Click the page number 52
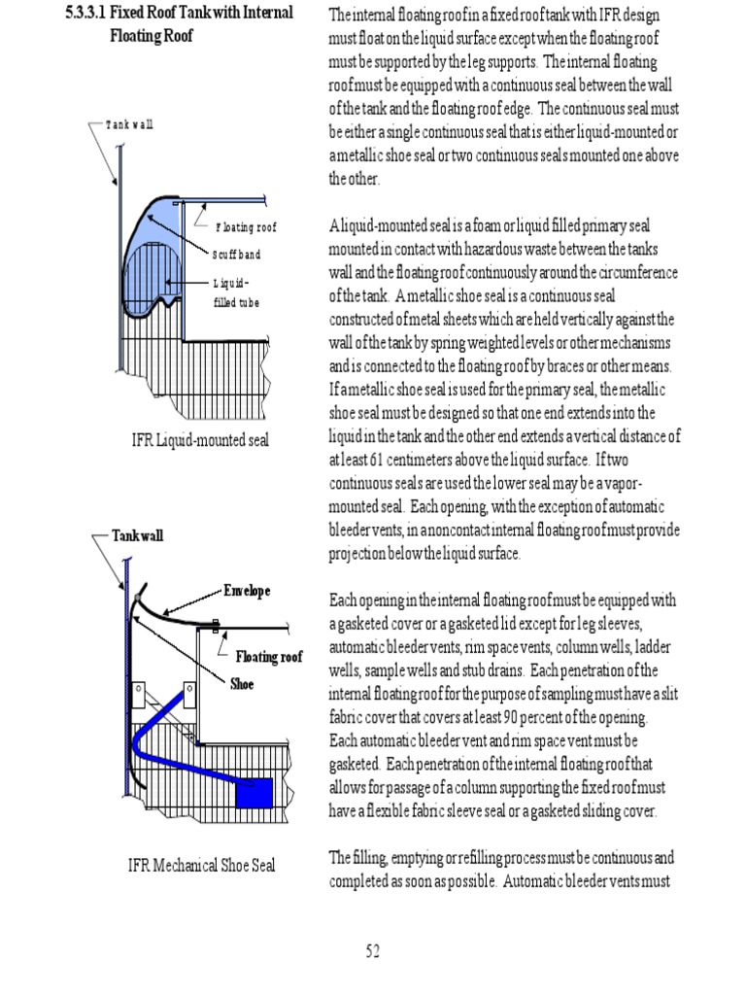click(373, 951)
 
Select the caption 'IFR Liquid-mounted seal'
click(200, 440)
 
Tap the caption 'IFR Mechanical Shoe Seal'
click(201, 864)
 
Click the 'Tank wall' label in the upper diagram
click(129, 125)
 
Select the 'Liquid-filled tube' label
click(237, 292)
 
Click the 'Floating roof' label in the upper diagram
click(246, 228)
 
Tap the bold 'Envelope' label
click(247, 591)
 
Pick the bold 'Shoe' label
click(242, 684)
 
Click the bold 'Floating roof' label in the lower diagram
click(269, 658)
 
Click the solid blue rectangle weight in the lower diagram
click(254, 793)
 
